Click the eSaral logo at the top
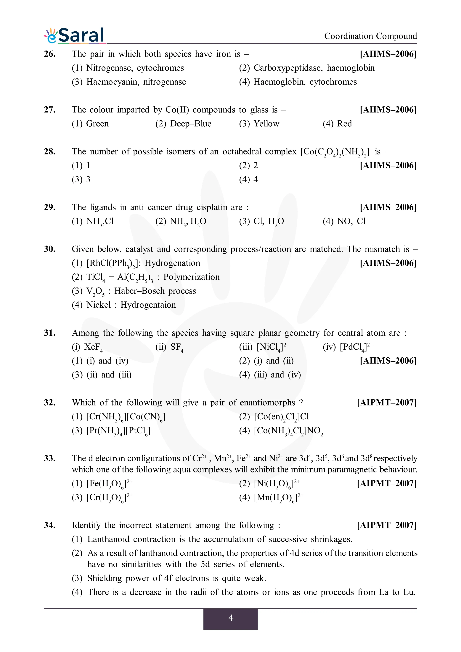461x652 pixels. click(74, 36)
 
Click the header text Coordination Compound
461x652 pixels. click(370, 36)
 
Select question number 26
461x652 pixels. click(50, 54)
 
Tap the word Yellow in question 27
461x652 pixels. click(266, 124)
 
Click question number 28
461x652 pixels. click(50, 151)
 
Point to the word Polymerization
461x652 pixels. click(191, 277)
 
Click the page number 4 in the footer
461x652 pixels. click(230, 618)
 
